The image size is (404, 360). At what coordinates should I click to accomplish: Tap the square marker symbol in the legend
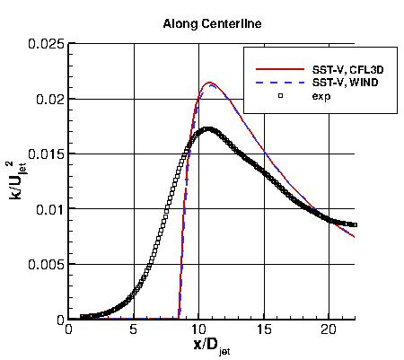point(270,95)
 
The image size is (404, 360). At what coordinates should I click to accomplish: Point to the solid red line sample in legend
point(270,67)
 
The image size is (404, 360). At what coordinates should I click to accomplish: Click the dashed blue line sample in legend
point(270,82)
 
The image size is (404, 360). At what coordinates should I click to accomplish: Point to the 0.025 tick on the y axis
point(47,43)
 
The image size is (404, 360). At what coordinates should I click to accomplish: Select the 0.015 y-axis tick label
point(47,154)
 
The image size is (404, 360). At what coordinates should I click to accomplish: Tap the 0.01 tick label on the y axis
point(50,210)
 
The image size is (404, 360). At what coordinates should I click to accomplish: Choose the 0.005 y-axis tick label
point(47,265)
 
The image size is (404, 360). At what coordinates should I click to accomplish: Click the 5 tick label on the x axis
point(134,330)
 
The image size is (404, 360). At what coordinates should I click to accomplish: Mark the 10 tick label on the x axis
point(198,330)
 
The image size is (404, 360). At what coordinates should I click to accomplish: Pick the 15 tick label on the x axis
point(264,330)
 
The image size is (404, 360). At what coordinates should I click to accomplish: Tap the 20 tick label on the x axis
point(329,330)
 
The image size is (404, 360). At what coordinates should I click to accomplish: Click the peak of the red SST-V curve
point(210,83)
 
